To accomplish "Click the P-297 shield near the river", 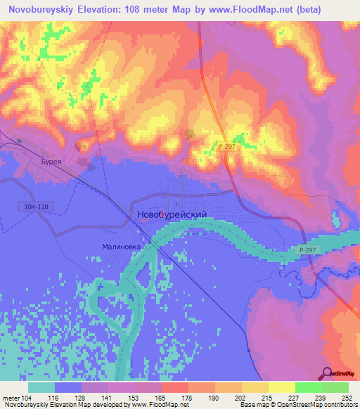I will (306, 249).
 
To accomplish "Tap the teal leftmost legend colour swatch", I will (41, 387).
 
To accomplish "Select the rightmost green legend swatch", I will (335, 387).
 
